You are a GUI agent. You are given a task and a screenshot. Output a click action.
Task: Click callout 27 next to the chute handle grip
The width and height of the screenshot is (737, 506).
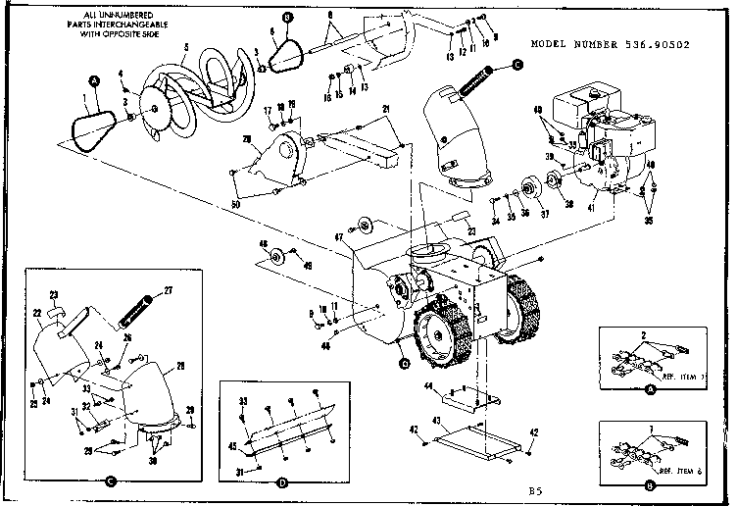click(x=168, y=289)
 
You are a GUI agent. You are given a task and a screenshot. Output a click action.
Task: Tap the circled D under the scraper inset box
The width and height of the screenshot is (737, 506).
click(x=282, y=481)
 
